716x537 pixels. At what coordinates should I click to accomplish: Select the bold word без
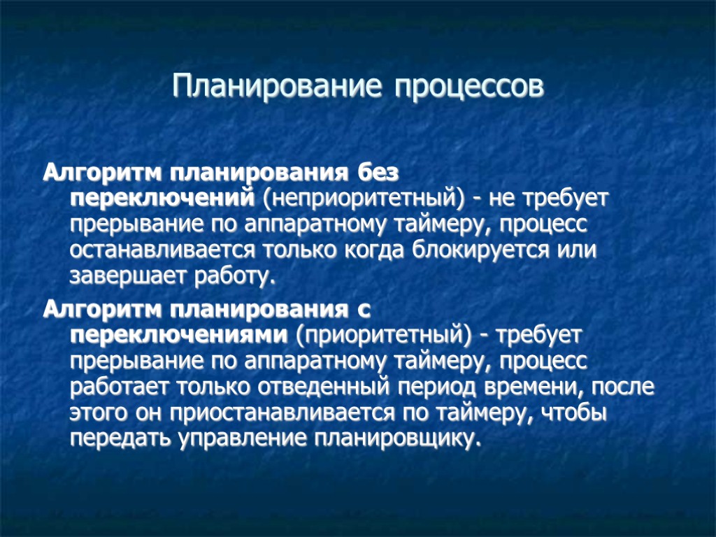[380, 172]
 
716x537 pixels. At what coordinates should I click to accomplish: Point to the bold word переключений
[162, 198]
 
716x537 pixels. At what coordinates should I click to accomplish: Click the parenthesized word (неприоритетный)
[363, 199]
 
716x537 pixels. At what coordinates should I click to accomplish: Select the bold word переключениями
[178, 334]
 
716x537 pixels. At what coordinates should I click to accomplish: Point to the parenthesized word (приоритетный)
[380, 335]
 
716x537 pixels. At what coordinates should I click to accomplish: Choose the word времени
[541, 387]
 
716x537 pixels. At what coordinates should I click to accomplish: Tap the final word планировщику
[399, 438]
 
